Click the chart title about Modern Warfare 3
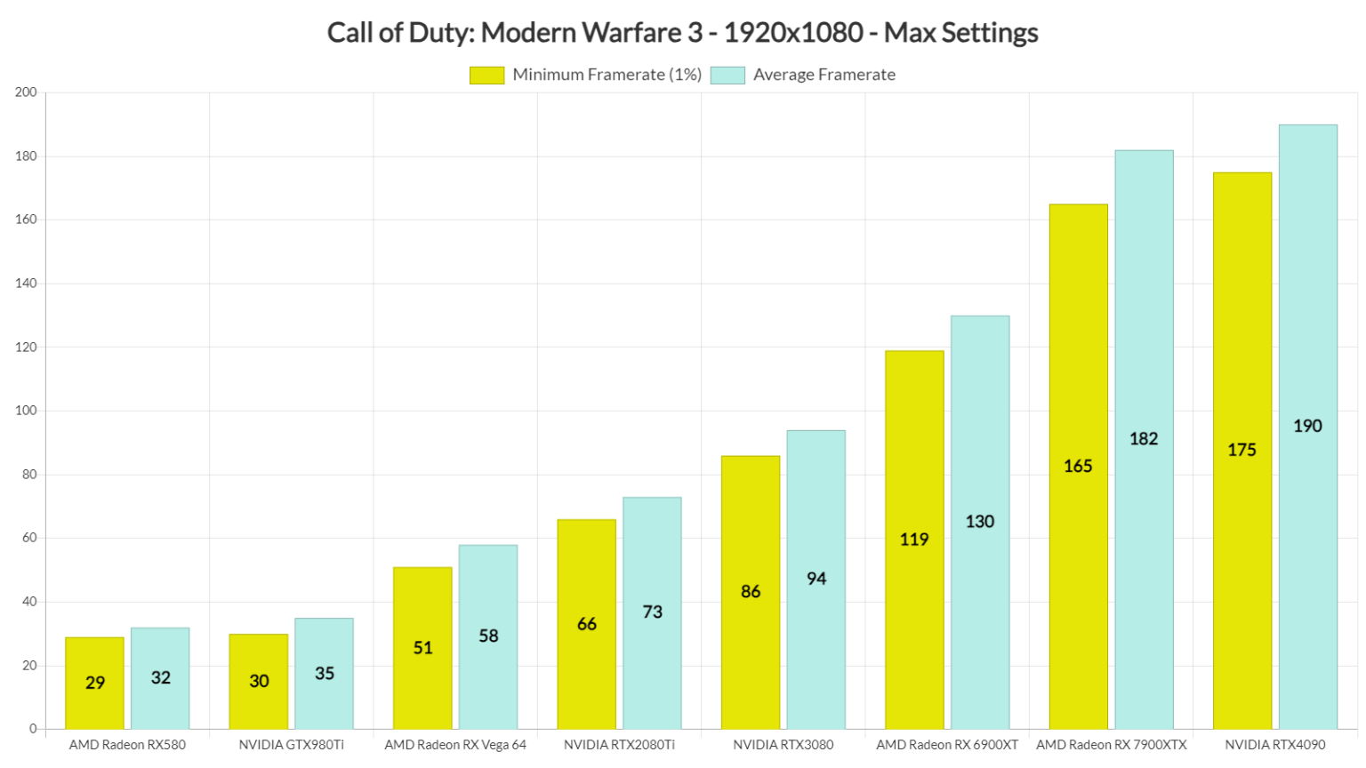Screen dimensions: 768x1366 [x=682, y=33]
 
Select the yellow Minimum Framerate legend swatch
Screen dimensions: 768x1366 [x=486, y=76]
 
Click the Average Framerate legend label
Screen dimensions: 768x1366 [x=824, y=76]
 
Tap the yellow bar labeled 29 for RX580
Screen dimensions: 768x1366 [x=94, y=683]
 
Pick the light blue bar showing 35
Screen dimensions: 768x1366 [x=324, y=673]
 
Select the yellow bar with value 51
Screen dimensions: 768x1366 [x=422, y=648]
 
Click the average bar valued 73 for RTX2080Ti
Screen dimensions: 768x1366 [x=652, y=612]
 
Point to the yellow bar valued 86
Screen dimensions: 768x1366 [x=751, y=592]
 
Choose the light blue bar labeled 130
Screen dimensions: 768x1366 [x=980, y=522]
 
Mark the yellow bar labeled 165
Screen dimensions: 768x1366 [x=1078, y=466]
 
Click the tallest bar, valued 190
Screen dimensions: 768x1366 [x=1307, y=426]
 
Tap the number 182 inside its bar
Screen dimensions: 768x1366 [x=1144, y=438]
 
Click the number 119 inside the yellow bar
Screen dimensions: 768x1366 [x=914, y=540]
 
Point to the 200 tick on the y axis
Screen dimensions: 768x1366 [x=26, y=92]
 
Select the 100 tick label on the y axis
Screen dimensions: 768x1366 [x=26, y=411]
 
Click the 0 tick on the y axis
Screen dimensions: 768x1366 [x=33, y=729]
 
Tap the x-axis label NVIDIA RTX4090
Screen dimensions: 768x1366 [x=1274, y=745]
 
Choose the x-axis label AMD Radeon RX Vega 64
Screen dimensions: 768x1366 [x=455, y=745]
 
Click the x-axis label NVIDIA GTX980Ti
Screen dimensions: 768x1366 [x=291, y=745]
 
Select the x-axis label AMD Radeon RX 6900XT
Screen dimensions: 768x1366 [x=947, y=745]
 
